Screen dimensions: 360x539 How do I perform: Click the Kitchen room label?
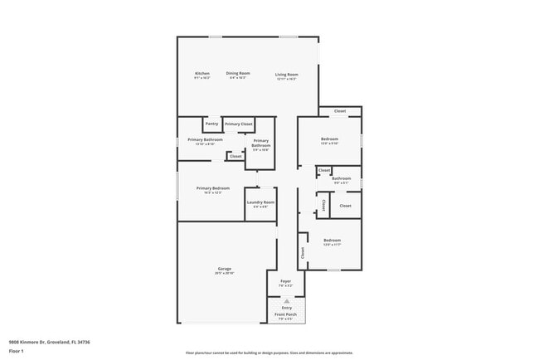[x=202, y=74]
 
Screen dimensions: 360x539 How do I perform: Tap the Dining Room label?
[x=238, y=73]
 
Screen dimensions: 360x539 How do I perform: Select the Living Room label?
[x=287, y=75]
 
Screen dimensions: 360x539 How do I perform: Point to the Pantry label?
[x=211, y=124]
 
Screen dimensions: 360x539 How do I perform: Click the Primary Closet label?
[x=239, y=124]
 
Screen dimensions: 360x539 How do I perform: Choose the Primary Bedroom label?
[x=213, y=188]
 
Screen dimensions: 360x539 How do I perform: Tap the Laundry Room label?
[x=260, y=202]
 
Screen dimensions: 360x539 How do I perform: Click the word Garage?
[x=224, y=269]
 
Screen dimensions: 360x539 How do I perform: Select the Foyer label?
[x=286, y=281]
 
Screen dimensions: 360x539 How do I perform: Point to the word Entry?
[x=287, y=308]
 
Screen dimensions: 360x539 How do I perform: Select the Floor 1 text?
[x=17, y=350]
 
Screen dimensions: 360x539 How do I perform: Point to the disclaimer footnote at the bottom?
[x=269, y=353]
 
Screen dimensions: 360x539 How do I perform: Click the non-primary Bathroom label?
[x=341, y=178]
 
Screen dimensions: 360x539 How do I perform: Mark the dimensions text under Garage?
[x=224, y=273]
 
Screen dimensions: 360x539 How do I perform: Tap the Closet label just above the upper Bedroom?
[x=339, y=111]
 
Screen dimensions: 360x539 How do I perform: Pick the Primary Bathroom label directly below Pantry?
[x=205, y=139]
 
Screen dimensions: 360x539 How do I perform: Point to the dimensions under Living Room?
[x=287, y=79]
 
